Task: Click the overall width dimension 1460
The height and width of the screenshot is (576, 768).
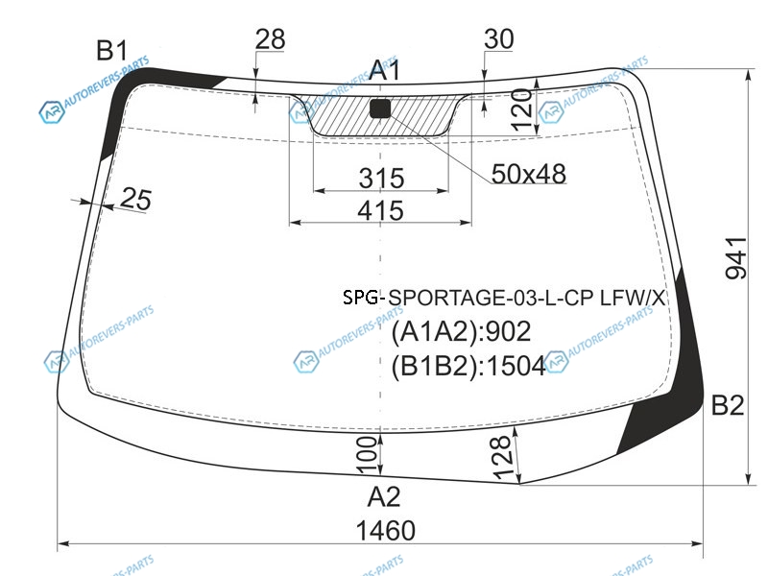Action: [x=386, y=531]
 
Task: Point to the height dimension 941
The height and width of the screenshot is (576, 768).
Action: [x=736, y=258]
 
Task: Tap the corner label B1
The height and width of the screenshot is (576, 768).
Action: [x=112, y=51]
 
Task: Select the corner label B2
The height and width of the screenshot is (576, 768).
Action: [x=728, y=405]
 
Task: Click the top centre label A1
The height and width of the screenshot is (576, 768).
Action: [x=385, y=69]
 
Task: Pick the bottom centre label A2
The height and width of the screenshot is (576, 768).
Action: [x=384, y=496]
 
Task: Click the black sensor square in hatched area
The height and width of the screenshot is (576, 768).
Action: [x=380, y=108]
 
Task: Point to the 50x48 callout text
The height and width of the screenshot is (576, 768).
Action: [x=529, y=174]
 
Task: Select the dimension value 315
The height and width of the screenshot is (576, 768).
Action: [x=381, y=178]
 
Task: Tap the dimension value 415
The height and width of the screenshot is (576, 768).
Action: [x=380, y=211]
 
